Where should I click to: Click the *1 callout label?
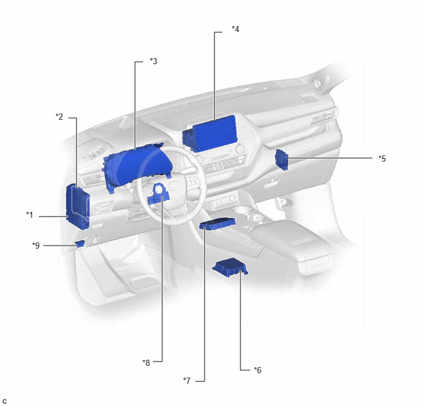click(x=30, y=215)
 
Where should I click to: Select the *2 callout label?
click(x=59, y=117)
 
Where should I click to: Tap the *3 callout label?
click(x=153, y=61)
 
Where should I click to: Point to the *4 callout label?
click(x=235, y=29)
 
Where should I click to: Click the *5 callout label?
click(x=382, y=159)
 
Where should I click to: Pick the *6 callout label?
click(x=258, y=370)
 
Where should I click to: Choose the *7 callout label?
click(x=187, y=381)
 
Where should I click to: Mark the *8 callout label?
click(x=146, y=363)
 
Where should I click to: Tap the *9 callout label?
click(x=36, y=246)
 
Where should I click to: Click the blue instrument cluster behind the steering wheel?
click(x=137, y=168)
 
